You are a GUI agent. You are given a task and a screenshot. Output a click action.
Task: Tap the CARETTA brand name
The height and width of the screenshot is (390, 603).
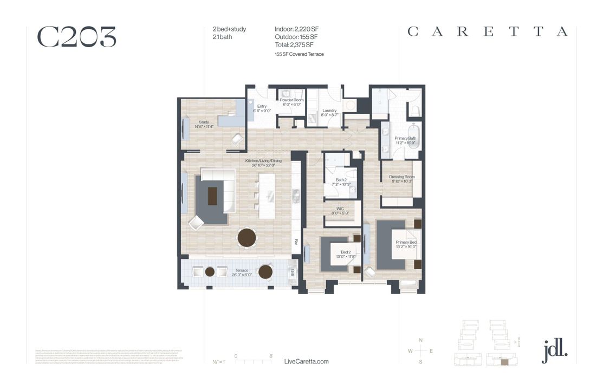488,31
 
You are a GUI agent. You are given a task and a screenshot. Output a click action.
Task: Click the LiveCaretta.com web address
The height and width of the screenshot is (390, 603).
306,361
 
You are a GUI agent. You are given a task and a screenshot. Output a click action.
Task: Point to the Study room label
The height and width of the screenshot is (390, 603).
204,122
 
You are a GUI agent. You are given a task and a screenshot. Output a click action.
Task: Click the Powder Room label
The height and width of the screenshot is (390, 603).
293,100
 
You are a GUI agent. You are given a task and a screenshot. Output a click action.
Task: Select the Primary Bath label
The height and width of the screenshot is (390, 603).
405,139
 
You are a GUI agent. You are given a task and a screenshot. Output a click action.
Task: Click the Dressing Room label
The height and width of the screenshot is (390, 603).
402,177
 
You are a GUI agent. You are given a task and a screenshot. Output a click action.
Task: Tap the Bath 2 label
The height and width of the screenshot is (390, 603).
341,180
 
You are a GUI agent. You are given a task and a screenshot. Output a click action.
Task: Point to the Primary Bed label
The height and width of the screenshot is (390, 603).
406,243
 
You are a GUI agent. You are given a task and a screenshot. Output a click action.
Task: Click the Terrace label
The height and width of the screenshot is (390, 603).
241,270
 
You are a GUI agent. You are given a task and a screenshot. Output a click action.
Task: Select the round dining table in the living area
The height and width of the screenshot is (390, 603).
248,237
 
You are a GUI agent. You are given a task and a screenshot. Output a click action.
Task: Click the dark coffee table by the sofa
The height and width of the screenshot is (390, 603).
212,196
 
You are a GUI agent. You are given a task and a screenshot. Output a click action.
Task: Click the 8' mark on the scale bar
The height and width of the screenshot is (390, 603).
270,356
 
